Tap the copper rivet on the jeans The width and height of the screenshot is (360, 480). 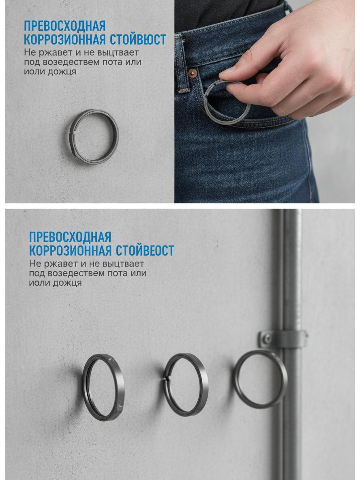(x=193, y=73)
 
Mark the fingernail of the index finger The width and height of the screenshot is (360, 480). (x=227, y=71)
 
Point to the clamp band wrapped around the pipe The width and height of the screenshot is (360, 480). (x=283, y=339)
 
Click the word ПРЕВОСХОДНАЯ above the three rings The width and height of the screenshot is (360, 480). (x=70, y=237)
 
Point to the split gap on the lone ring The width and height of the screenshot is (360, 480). (x=72, y=133)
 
